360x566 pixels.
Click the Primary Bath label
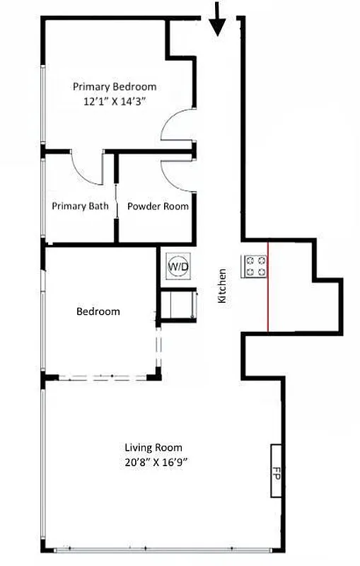tap(81, 207)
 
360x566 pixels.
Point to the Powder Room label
tap(158, 207)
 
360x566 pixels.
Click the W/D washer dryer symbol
tap(178, 266)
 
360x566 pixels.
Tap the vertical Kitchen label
tap(222, 286)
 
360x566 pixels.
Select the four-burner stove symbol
tap(255, 266)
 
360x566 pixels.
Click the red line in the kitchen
tap(267, 287)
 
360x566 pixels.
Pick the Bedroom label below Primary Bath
tap(98, 311)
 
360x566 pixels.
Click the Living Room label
tap(153, 447)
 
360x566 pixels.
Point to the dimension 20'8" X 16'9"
tap(153, 462)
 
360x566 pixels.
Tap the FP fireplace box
tap(277, 472)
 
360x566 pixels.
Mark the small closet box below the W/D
tap(176, 305)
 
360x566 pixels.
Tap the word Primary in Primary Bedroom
tap(91, 86)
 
